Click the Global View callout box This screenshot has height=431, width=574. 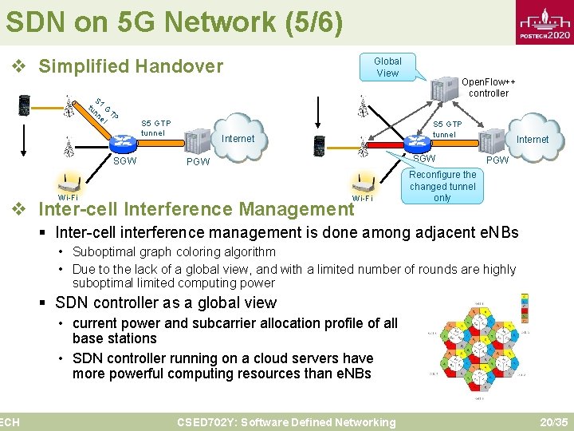[x=387, y=67]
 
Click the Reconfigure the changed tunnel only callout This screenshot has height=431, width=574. [x=442, y=186]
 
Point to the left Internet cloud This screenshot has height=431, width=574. [x=237, y=140]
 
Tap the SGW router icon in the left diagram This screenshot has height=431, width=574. [x=124, y=142]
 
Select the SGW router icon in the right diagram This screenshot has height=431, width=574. [x=417, y=143]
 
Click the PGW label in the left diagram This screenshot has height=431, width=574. [x=197, y=162]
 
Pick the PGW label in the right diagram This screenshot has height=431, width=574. [x=497, y=160]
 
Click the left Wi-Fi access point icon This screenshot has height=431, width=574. [x=69, y=181]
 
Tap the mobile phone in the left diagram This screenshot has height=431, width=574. [x=25, y=105]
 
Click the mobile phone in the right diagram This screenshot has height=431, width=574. [x=319, y=146]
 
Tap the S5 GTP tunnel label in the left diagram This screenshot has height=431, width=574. [x=155, y=128]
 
